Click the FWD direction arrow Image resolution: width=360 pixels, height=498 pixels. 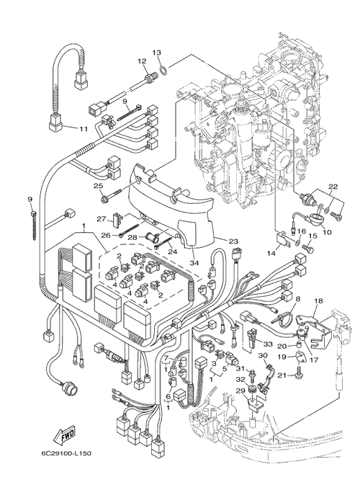[64, 434]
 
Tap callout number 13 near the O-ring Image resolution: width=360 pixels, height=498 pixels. [158, 52]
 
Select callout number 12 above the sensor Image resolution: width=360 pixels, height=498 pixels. [142, 61]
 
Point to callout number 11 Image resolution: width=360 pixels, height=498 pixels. [83, 129]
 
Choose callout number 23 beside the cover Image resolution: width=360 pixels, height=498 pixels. [234, 241]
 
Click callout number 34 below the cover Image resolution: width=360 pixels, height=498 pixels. [194, 263]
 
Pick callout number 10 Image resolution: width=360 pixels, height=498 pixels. [327, 232]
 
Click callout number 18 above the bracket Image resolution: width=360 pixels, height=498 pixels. [318, 301]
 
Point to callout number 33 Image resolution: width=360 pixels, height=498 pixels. [268, 344]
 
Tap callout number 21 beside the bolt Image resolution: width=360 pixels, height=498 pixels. [282, 375]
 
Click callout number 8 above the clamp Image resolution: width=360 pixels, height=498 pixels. [297, 298]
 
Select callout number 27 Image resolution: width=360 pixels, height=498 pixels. [101, 218]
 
